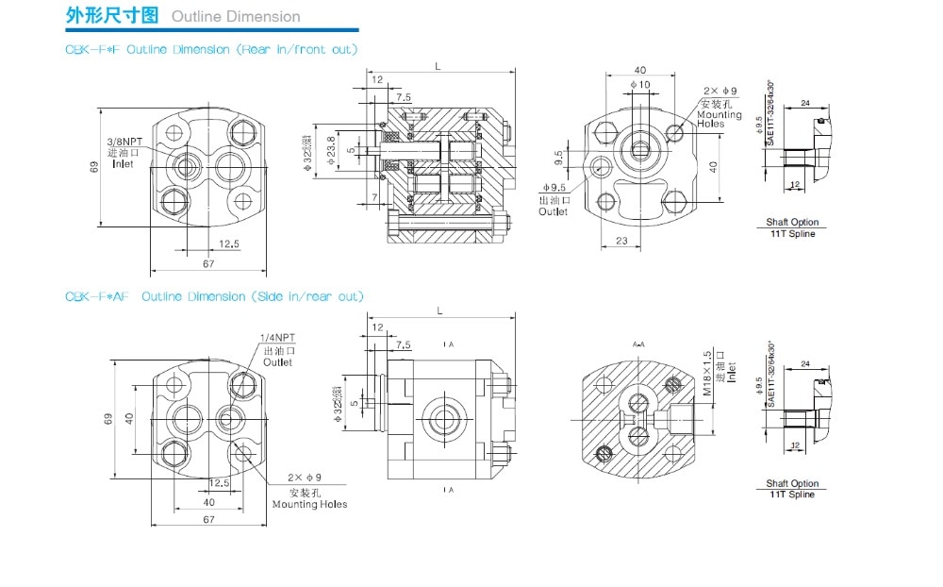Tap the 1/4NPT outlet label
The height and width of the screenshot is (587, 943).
(276, 339)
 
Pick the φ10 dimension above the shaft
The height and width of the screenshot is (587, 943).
(641, 85)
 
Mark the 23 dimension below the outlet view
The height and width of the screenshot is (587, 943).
(621, 241)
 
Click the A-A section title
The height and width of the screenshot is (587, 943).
(638, 344)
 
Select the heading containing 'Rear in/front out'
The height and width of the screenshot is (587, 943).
(211, 48)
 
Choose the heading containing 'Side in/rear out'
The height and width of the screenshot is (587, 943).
(214, 296)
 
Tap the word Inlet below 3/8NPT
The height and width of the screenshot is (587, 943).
(123, 164)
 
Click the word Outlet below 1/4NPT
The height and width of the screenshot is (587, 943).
(277, 361)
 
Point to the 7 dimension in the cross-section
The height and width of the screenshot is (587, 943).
(374, 196)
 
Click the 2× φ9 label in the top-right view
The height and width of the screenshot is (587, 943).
(719, 91)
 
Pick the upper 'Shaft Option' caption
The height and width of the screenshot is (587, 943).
(792, 223)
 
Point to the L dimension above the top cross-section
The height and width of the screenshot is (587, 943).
(438, 66)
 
